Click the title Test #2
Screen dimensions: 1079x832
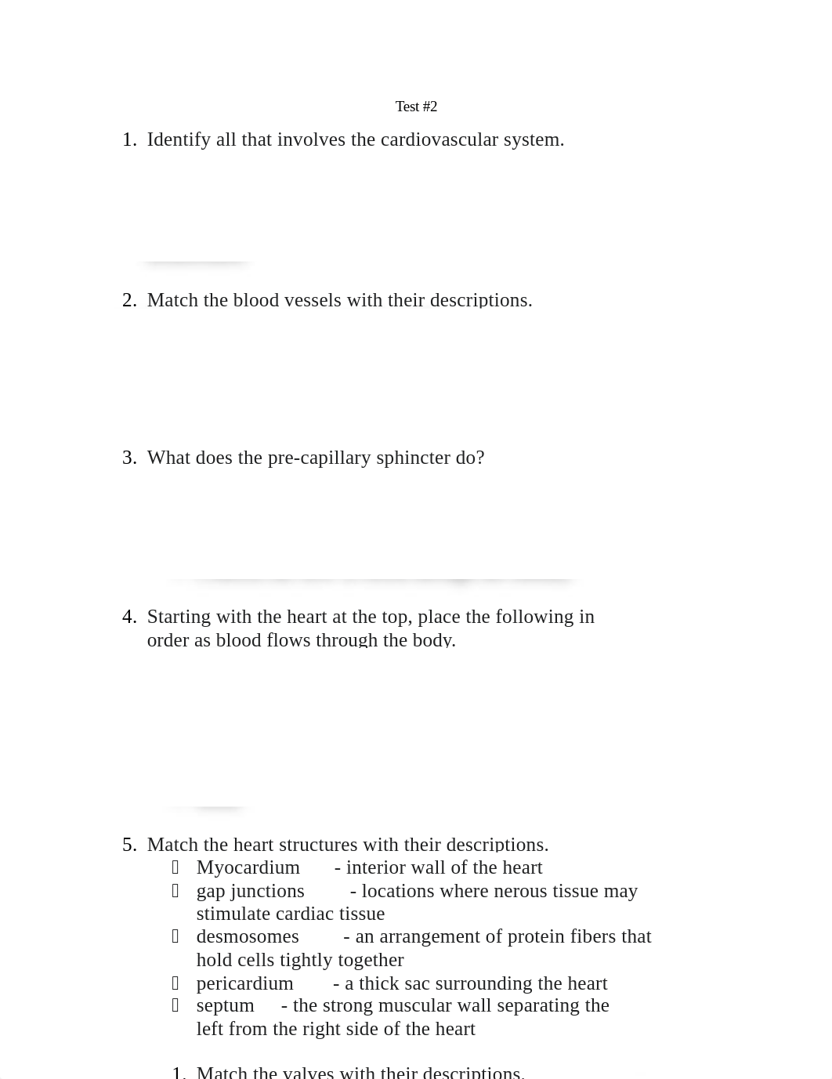click(x=416, y=107)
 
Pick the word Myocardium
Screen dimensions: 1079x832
click(x=248, y=867)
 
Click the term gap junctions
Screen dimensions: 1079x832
click(x=250, y=891)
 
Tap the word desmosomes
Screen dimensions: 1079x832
click(x=248, y=936)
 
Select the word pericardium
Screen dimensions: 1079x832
click(x=244, y=983)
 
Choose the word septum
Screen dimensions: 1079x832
click(x=225, y=1005)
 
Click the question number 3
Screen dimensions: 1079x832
click(x=129, y=458)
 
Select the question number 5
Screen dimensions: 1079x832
click(x=129, y=845)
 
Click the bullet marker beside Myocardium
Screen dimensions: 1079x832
click(x=175, y=867)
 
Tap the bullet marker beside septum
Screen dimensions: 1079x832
click(x=175, y=1005)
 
